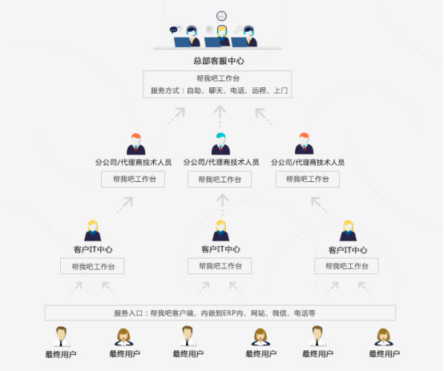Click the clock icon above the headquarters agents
[x=221, y=16]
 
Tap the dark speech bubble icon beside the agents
[x=173, y=30]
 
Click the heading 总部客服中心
[x=219, y=61]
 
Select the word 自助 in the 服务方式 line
[x=194, y=91]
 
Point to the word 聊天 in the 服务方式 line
[x=216, y=91]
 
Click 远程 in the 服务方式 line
[x=259, y=91]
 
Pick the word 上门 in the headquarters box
[x=281, y=91]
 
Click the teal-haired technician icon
[x=220, y=143]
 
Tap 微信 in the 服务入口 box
[x=279, y=313]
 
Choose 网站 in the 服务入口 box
[x=258, y=313]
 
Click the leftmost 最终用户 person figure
[x=61, y=337]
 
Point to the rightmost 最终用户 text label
[x=384, y=353]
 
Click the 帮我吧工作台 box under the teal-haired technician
[x=220, y=179]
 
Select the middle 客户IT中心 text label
[x=220, y=249]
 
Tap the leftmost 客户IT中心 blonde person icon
[x=93, y=231]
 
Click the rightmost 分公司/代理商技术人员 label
[x=308, y=163]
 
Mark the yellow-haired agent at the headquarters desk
[x=223, y=35]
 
